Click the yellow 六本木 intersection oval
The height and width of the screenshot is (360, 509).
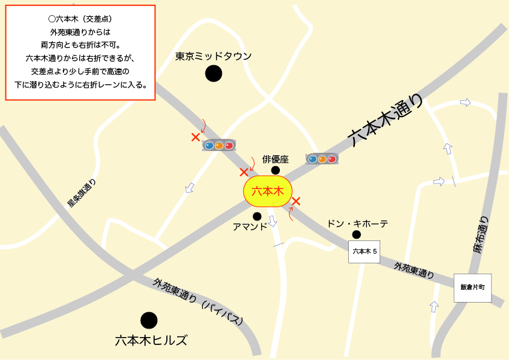[268, 191]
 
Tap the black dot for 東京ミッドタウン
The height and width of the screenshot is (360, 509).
[213, 74]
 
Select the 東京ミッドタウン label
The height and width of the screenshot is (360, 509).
[213, 56]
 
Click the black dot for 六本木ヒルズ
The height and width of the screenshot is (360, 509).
[149, 320]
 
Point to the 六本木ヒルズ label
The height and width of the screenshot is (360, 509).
[151, 340]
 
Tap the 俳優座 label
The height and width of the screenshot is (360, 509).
[276, 159]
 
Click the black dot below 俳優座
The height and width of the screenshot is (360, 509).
[276, 170]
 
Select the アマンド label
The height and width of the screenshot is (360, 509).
[250, 227]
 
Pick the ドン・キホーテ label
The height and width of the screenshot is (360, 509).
[357, 223]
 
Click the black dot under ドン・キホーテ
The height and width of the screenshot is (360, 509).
[357, 234]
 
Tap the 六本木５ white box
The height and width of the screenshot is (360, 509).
[364, 251]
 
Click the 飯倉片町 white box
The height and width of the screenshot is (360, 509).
[472, 288]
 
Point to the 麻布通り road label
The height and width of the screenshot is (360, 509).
[482, 235]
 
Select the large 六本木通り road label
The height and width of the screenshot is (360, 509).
[387, 120]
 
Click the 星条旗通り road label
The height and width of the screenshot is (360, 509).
[82, 193]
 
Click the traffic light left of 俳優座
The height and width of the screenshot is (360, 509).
[219, 145]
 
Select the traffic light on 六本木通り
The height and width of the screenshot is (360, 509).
[322, 159]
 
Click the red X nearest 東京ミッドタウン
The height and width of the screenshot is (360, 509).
[195, 137]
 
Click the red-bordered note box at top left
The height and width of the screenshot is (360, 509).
[80, 52]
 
